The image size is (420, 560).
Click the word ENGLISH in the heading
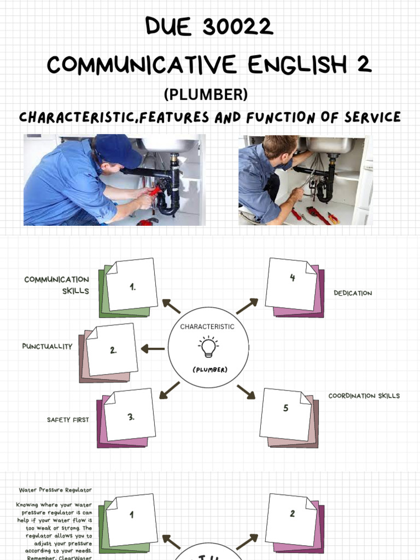click(x=296, y=65)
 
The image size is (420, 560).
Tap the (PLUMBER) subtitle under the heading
click(x=206, y=95)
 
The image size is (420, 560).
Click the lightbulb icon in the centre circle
click(x=208, y=347)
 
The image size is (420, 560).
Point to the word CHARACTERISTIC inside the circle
click(x=207, y=326)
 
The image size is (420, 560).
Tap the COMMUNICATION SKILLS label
click(x=57, y=285)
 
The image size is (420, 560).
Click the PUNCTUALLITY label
click(x=47, y=346)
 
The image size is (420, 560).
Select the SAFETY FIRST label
click(x=68, y=420)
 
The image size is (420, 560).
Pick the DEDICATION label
click(x=353, y=293)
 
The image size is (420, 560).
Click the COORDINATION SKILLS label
click(x=364, y=395)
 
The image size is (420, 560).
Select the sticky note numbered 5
click(x=286, y=414)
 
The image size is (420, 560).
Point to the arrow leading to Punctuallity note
click(x=153, y=348)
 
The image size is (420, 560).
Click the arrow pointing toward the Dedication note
click(x=247, y=306)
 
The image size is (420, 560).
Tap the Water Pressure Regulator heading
click(x=55, y=490)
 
